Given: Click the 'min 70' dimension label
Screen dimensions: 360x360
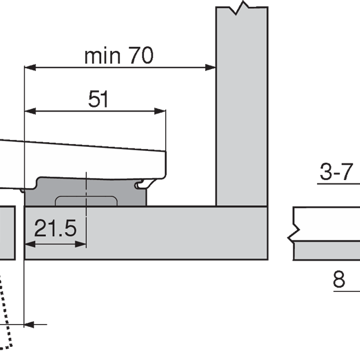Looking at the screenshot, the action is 119,55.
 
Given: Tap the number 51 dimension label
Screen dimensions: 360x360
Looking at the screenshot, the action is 98,99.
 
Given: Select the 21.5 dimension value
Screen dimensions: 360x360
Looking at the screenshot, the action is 55,228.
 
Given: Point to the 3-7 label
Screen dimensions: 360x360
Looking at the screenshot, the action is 336,172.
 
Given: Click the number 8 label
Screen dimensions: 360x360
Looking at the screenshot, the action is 339,279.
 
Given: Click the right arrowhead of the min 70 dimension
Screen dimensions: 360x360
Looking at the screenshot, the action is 210,67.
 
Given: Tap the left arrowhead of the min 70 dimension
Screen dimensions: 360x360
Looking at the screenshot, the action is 30,67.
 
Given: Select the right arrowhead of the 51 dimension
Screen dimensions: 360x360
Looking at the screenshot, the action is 160,111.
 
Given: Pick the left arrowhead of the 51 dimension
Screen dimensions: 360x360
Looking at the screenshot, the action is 30,111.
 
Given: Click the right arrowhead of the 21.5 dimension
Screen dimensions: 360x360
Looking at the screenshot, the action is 81,245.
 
